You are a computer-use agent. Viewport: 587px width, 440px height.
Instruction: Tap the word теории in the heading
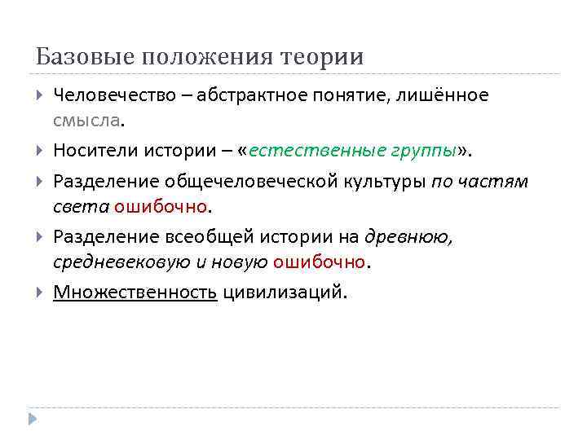click(322, 58)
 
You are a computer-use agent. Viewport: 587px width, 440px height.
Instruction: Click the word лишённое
click(444, 95)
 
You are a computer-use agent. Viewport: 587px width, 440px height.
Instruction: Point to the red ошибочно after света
click(161, 206)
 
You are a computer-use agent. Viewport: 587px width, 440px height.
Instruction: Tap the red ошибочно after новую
click(320, 262)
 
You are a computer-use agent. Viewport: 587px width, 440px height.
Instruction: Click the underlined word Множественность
click(135, 291)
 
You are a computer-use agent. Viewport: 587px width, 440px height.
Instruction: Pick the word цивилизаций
click(284, 291)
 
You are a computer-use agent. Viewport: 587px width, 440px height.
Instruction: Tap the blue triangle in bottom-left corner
click(32, 418)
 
